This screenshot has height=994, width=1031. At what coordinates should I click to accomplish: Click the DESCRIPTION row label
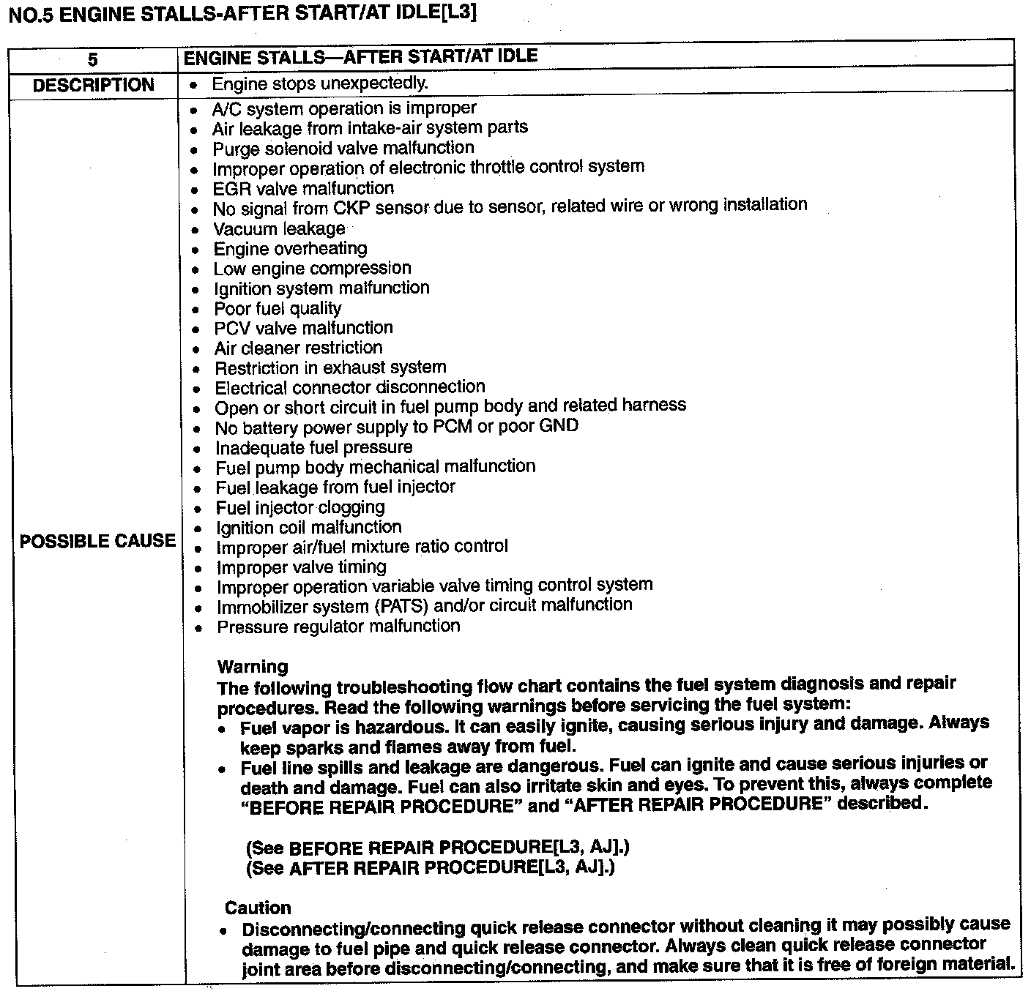[93, 85]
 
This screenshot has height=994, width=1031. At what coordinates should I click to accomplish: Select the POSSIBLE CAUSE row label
[97, 541]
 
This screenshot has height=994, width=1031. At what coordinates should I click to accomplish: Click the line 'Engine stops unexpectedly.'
[319, 83]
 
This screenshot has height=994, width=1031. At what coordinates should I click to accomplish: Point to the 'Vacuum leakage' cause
[279, 229]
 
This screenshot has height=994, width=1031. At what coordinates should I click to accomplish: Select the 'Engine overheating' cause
[290, 249]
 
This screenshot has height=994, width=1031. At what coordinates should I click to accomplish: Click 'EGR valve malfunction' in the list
[302, 189]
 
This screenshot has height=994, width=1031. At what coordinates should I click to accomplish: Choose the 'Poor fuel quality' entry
[278, 308]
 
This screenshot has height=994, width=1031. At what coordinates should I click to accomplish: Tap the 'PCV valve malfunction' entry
[303, 328]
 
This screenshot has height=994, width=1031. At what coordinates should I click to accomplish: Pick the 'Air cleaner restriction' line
[298, 348]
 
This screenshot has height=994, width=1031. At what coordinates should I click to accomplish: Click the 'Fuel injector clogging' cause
[299, 507]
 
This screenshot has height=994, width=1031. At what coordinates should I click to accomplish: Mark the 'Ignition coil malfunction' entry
[308, 527]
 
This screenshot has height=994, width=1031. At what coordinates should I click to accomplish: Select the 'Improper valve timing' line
[301, 567]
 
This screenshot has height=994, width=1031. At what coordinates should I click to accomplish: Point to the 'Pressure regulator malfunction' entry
[338, 627]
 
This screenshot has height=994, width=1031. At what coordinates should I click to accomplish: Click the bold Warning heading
[253, 667]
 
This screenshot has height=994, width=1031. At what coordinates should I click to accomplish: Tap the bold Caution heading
[258, 908]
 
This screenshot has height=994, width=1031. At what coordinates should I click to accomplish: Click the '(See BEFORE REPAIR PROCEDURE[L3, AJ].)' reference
[437, 848]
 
